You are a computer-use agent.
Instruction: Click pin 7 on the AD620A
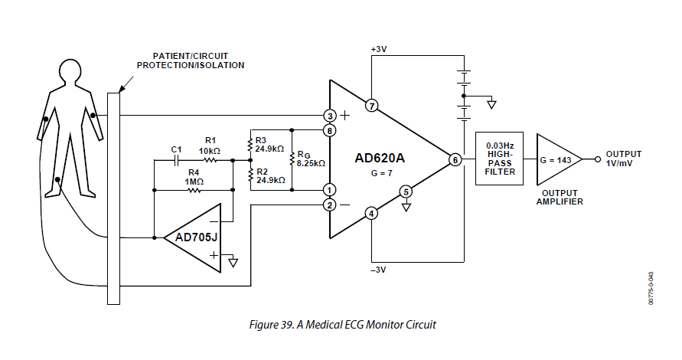click(371, 106)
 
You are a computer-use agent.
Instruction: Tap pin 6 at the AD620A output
click(455, 160)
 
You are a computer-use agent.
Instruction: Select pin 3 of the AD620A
click(330, 116)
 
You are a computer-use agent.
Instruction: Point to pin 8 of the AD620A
click(330, 131)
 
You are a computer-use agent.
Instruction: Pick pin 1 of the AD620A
click(330, 189)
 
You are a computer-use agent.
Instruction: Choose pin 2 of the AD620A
click(330, 205)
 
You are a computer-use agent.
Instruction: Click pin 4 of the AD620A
click(371, 214)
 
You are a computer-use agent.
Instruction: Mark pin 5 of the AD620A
click(406, 191)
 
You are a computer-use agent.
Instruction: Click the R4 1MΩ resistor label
click(194, 176)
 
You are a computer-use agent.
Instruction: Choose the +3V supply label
click(379, 48)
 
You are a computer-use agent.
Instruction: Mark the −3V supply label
click(380, 269)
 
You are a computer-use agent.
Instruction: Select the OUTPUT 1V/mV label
click(623, 159)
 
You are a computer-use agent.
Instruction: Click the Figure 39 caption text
click(342, 325)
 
